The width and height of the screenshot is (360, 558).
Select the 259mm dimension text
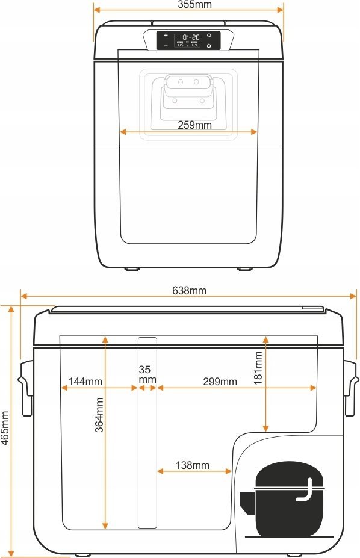click(x=194, y=125)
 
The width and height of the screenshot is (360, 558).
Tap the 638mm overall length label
click(x=189, y=291)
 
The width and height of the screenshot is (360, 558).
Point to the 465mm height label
click(x=5, y=428)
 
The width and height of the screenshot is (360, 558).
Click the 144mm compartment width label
click(x=85, y=382)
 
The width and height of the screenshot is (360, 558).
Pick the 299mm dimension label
click(x=220, y=382)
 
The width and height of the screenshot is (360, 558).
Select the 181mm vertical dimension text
click(x=258, y=368)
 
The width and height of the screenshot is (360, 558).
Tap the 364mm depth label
click(x=99, y=415)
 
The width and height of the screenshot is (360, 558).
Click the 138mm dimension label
click(x=193, y=465)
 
